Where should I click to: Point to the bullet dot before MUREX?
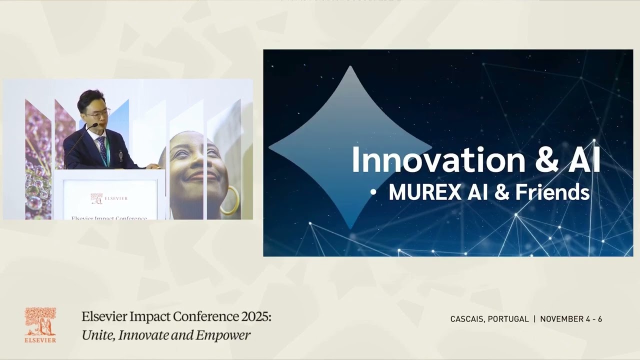point(372,193)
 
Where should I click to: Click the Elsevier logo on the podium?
point(109,198)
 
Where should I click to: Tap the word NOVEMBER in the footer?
point(560,319)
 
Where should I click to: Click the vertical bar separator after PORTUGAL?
point(534,319)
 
